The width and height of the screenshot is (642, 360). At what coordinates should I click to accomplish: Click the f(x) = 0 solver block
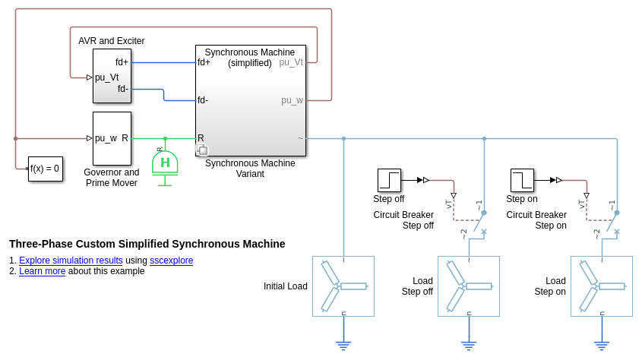click(x=45, y=169)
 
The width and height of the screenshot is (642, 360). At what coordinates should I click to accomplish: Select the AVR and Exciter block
click(x=112, y=76)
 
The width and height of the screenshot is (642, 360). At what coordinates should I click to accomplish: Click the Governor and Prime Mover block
click(x=112, y=138)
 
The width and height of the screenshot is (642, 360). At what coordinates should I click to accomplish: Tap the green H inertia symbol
click(x=165, y=163)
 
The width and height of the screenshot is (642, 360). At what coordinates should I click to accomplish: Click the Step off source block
click(x=389, y=180)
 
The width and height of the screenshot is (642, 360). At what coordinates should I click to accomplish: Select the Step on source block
click(x=522, y=180)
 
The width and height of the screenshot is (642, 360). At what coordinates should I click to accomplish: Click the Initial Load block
click(x=343, y=286)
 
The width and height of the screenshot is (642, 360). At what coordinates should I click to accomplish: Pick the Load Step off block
click(x=469, y=286)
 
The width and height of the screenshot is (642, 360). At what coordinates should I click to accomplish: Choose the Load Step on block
click(x=602, y=286)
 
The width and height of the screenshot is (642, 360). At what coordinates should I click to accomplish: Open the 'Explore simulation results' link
click(x=71, y=261)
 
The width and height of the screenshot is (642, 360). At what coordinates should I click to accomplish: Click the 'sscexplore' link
click(x=171, y=261)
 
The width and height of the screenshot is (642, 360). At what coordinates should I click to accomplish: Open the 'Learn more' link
click(x=42, y=271)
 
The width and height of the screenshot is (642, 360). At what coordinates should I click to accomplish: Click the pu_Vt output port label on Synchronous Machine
click(x=291, y=62)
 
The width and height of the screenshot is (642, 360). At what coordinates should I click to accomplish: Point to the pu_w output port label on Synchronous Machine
click(x=293, y=100)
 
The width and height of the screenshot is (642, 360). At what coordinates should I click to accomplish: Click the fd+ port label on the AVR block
click(x=122, y=62)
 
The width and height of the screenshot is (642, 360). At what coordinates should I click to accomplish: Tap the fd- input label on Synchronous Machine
click(x=203, y=100)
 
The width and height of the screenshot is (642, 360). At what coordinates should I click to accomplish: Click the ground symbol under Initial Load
click(x=343, y=346)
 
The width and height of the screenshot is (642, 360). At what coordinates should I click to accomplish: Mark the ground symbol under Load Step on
click(x=602, y=346)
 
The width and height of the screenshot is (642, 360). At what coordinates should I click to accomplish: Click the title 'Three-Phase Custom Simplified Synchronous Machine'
click(x=147, y=244)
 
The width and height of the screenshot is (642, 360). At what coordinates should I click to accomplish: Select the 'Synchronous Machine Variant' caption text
click(x=250, y=169)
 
